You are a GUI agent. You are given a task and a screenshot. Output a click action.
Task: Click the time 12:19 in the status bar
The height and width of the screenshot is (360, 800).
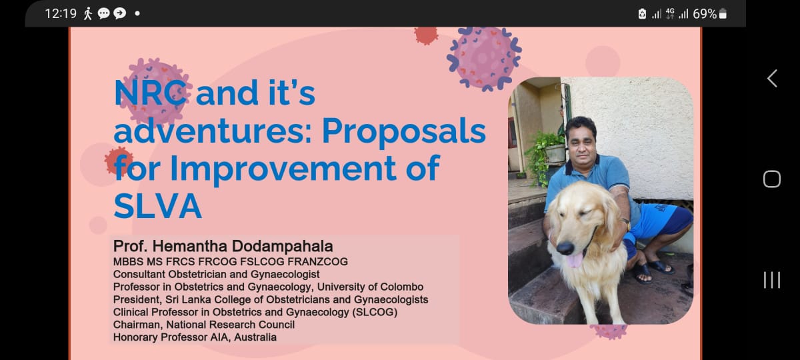click(x=60, y=13)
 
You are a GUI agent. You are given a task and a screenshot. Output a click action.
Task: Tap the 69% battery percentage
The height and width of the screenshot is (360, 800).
click(x=704, y=13)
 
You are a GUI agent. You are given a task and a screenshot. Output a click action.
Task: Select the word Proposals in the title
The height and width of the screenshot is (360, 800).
click(x=403, y=131)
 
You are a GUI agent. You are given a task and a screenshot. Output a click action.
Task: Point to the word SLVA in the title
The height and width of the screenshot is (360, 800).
click(x=157, y=206)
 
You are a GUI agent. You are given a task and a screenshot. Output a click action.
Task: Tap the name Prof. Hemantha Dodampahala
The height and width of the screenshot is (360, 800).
click(x=223, y=246)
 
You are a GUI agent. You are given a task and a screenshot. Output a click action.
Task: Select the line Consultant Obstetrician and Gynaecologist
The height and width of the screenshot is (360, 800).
click(x=216, y=274)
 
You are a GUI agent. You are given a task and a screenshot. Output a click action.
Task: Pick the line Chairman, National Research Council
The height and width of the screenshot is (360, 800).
click(x=204, y=325)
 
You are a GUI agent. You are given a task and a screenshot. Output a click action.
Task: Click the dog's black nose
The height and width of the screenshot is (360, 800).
click(x=564, y=248)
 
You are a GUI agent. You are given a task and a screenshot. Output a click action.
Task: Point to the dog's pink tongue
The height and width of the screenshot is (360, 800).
click(x=573, y=260)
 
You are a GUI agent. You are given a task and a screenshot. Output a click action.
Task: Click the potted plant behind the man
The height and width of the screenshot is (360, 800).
click(x=547, y=150)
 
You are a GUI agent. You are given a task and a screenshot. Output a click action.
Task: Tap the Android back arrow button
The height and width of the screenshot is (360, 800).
click(x=771, y=78)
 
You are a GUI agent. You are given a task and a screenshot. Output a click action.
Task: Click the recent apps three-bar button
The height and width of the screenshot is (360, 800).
click(x=771, y=280)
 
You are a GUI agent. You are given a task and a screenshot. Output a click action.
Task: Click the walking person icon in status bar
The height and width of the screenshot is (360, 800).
click(x=88, y=13)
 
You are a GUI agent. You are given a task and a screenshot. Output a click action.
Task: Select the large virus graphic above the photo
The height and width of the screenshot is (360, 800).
click(x=484, y=57)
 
